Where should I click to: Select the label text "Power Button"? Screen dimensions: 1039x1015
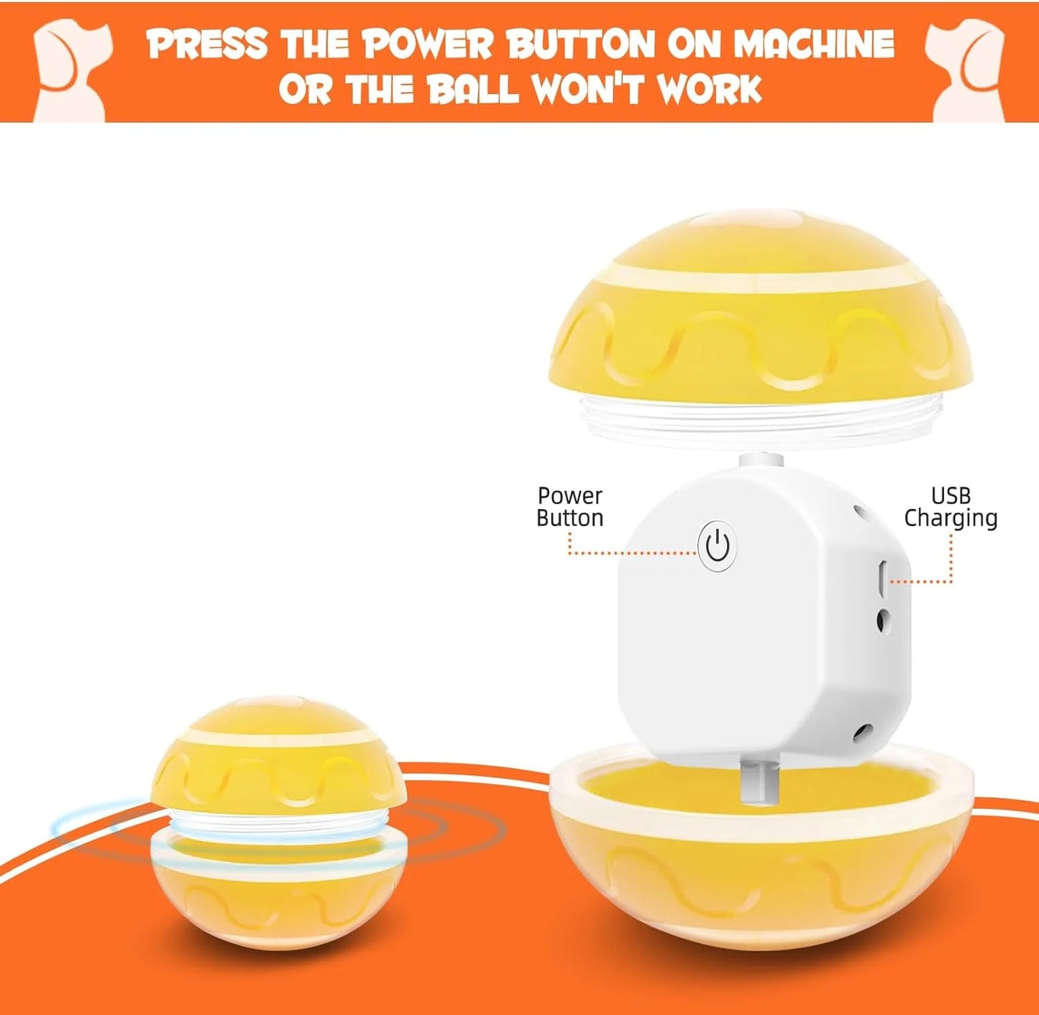click(569, 507)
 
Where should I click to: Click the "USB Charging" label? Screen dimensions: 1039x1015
click(951, 507)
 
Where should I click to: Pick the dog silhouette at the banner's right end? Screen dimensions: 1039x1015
click(967, 71)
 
